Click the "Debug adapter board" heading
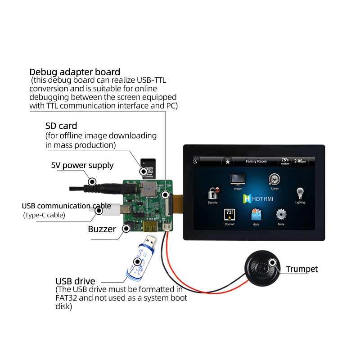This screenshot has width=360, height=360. [x=75, y=72]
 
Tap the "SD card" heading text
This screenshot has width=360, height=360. [x=61, y=126]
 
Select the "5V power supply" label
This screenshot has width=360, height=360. [x=82, y=165]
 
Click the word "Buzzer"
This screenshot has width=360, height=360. [x=102, y=229]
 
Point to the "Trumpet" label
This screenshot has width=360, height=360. [x=302, y=269]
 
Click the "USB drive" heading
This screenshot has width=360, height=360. [x=75, y=282]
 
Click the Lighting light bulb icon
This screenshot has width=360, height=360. [x=300, y=193]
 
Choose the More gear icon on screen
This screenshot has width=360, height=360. [x=281, y=215]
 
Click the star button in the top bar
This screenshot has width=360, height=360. [x=228, y=161]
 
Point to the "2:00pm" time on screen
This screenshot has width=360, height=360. [x=300, y=161]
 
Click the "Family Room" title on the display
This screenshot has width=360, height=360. [x=256, y=161]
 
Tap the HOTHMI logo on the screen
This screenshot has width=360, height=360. [x=258, y=198]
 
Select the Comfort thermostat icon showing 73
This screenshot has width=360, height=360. [x=229, y=215]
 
